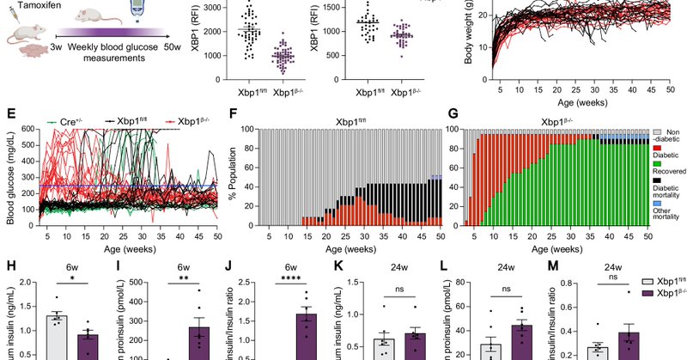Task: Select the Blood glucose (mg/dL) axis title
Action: click(11, 177)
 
